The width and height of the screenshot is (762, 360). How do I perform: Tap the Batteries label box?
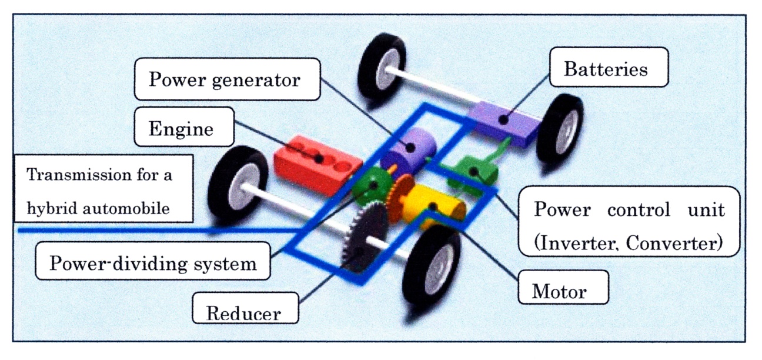tap(606, 69)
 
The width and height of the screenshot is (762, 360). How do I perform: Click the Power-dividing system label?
tap(153, 263)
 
